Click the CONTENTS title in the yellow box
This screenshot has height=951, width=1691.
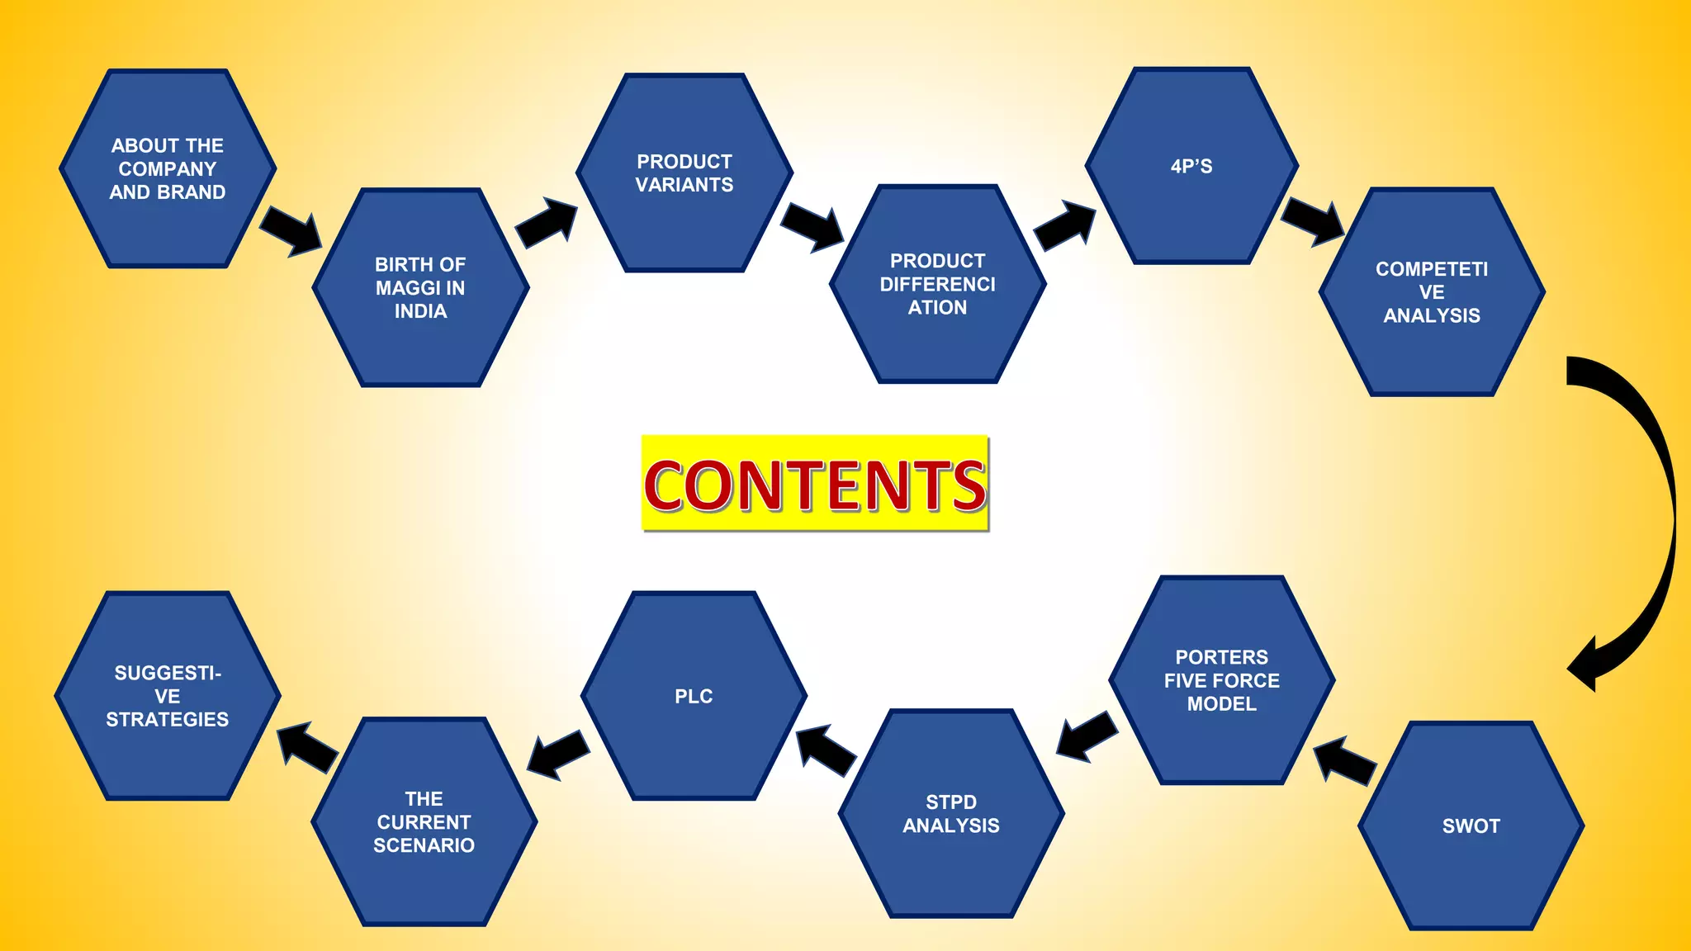point(815,484)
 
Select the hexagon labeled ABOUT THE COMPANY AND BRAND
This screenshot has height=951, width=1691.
point(168,168)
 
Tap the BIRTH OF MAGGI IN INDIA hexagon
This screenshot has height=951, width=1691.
point(420,287)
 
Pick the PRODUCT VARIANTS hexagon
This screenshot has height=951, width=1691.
point(684,173)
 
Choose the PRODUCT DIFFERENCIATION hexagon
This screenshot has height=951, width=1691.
point(937,284)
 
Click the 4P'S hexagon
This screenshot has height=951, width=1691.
point(1191,166)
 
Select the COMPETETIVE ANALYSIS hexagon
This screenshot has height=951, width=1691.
point(1432,292)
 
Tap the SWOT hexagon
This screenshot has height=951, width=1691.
point(1471,826)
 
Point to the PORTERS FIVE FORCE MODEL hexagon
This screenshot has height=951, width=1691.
point(1221,680)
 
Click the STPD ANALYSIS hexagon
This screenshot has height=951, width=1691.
point(950,813)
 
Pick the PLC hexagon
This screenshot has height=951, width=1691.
point(694,696)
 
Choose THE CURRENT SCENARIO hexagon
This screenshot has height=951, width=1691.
point(424,821)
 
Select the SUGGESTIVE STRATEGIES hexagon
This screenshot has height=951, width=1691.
point(168,696)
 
